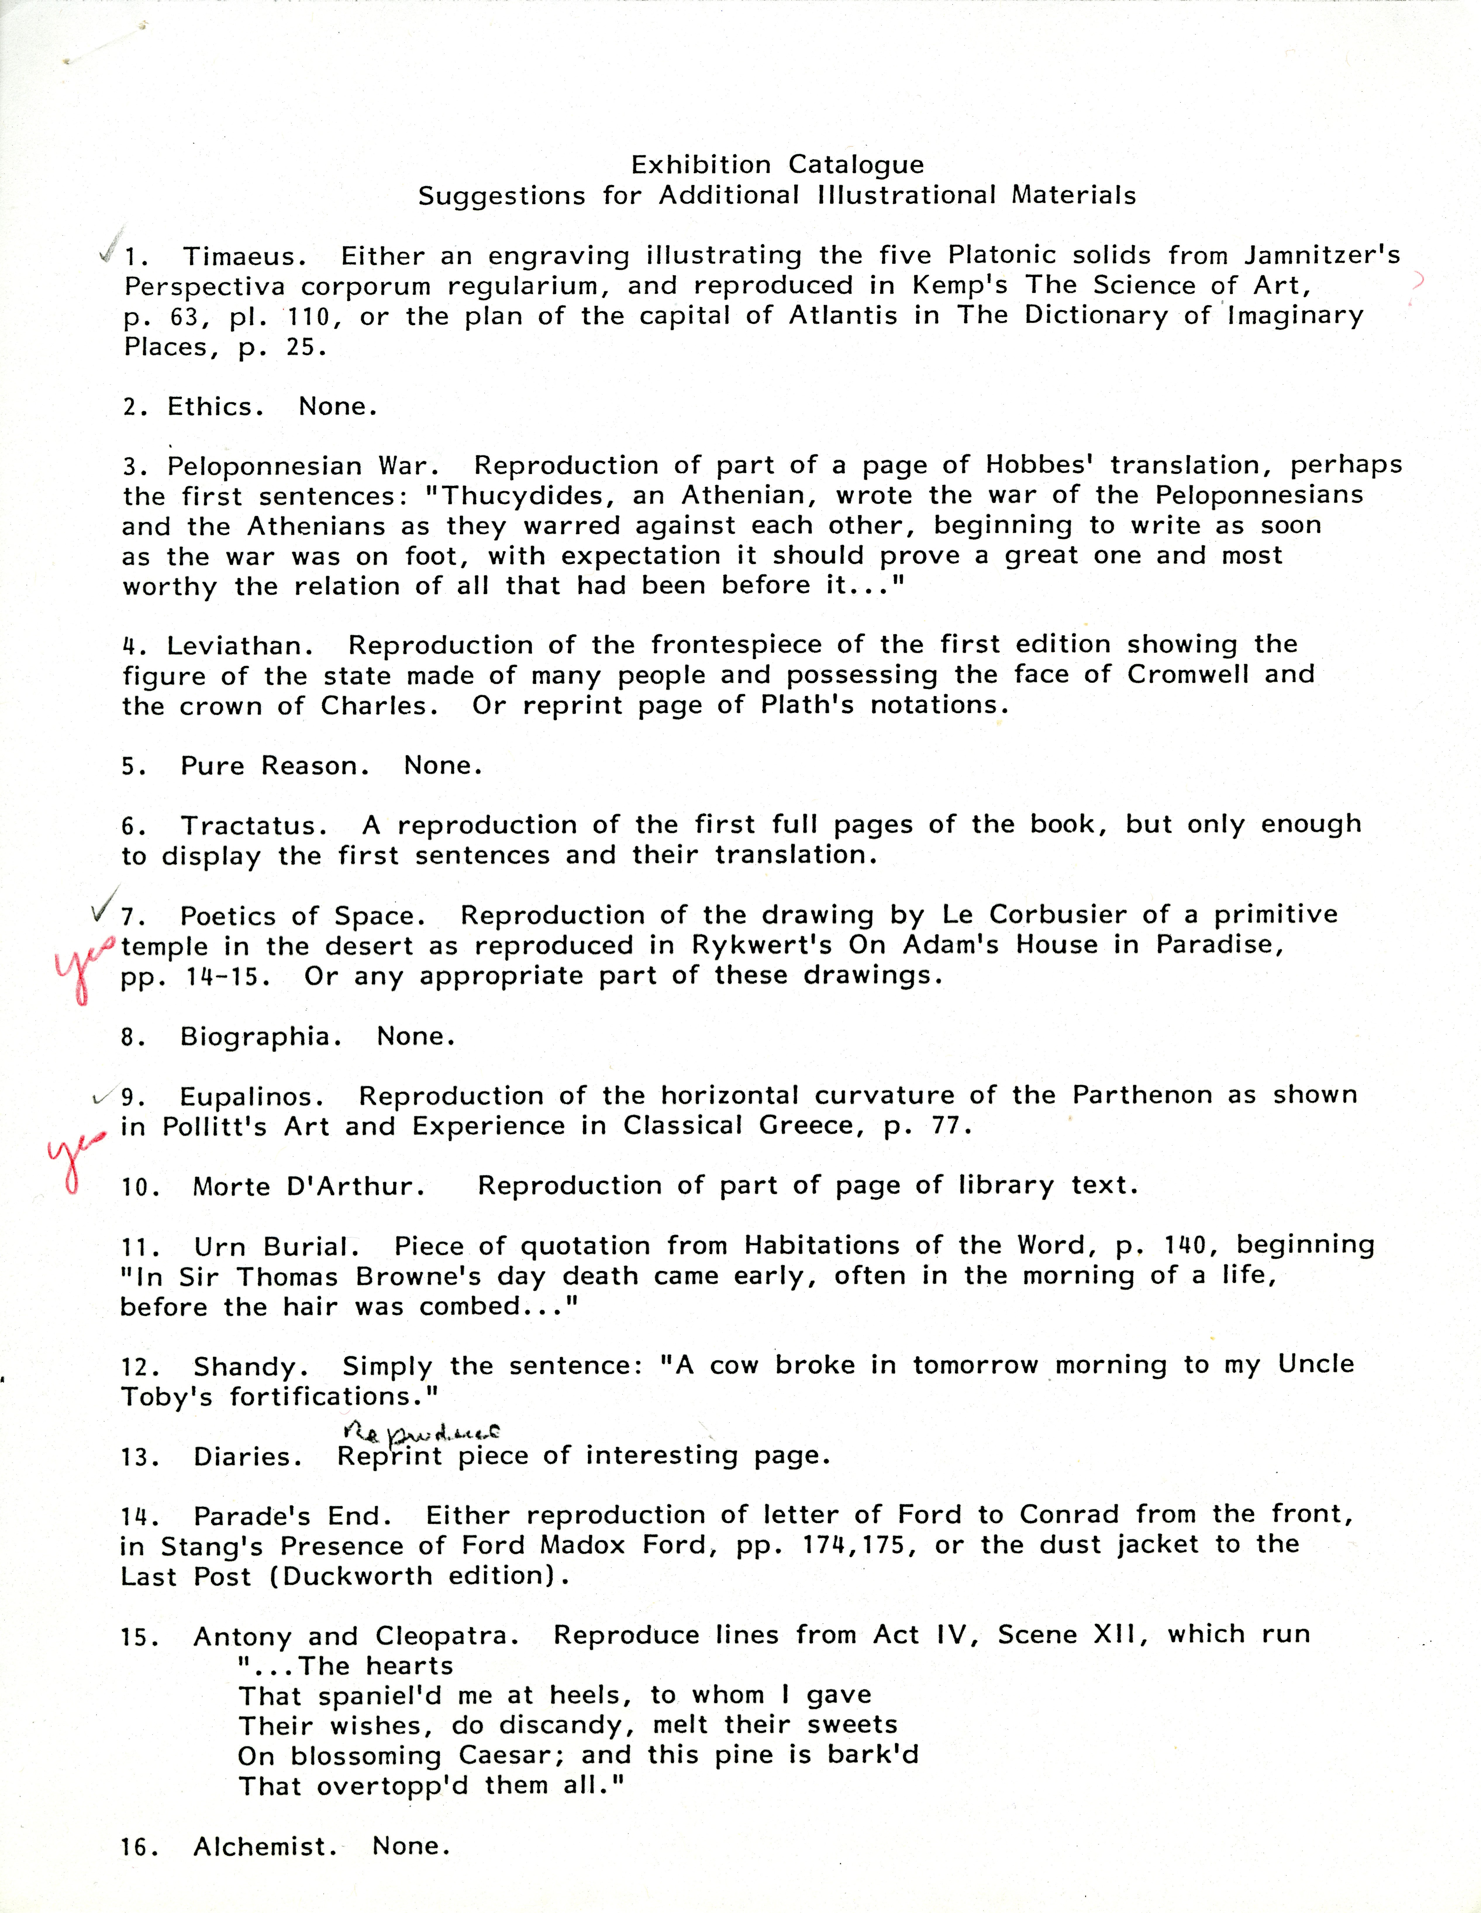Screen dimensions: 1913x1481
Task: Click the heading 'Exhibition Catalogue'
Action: pyautogui.click(x=777, y=165)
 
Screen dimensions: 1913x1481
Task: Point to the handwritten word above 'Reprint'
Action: pyautogui.click(x=419, y=1432)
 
